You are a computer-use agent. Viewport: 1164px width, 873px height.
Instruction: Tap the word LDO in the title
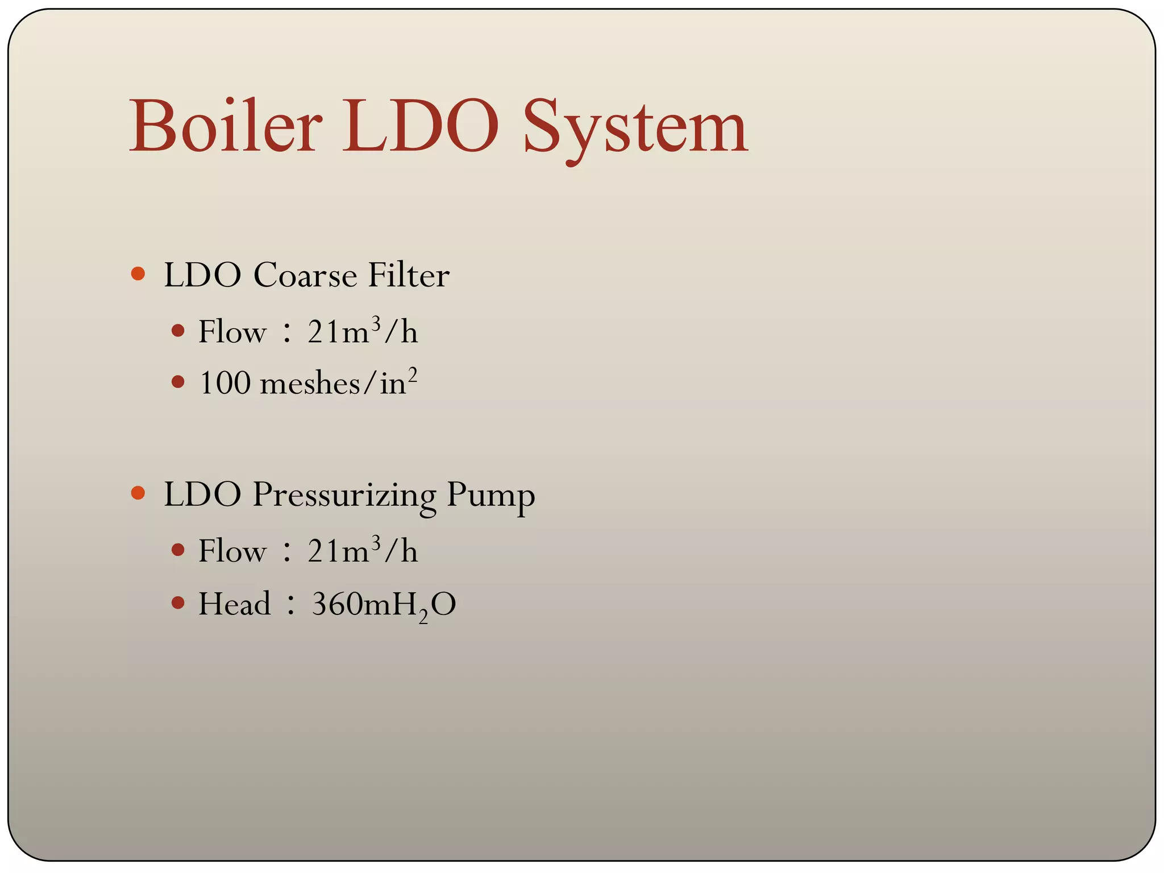(420, 126)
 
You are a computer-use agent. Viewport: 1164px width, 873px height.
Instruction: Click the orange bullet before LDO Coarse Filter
(138, 274)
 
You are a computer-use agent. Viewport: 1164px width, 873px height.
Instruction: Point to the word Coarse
(305, 276)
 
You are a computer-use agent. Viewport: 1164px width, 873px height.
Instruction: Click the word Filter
(409, 276)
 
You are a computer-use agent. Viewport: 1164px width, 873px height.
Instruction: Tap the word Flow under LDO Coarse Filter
(232, 332)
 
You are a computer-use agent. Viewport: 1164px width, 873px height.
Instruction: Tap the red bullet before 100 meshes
(178, 382)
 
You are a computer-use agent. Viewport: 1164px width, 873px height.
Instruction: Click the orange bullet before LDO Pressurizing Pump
(138, 493)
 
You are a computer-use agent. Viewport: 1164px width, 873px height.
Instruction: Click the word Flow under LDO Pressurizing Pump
(232, 551)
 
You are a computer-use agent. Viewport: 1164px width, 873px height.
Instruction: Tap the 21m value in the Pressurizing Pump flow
(338, 551)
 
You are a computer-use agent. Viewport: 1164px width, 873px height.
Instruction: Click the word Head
(234, 604)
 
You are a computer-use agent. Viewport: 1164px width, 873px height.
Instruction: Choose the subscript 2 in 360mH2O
(423, 616)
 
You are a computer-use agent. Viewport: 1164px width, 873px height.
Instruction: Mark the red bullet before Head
(178, 602)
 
